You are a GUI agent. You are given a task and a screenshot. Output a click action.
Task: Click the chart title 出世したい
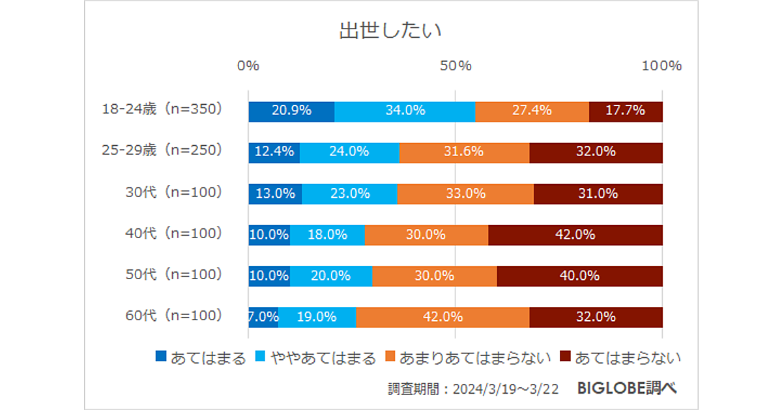click(391, 31)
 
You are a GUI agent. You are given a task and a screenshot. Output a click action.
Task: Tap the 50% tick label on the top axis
click(455, 66)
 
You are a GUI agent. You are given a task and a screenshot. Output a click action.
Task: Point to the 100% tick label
click(661, 66)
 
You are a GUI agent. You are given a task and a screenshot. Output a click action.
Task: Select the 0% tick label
click(248, 66)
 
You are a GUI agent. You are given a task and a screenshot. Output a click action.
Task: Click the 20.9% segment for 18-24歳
click(291, 111)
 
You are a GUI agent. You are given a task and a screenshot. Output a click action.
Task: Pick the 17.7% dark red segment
click(626, 111)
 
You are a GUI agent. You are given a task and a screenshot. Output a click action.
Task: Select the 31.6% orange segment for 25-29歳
click(464, 152)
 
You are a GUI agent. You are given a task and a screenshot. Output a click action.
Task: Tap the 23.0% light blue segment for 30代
click(349, 194)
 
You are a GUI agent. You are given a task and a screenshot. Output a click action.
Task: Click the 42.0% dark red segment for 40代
click(575, 235)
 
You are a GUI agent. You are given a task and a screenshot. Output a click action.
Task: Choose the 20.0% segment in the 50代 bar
click(331, 276)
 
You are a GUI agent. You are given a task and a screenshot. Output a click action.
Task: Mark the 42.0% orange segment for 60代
click(442, 318)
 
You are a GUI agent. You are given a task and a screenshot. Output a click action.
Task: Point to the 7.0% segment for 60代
click(263, 318)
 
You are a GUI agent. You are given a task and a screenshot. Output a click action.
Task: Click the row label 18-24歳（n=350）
click(162, 109)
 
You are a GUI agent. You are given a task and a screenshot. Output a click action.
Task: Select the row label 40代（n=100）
click(173, 233)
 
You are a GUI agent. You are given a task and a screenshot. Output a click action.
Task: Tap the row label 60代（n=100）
click(173, 316)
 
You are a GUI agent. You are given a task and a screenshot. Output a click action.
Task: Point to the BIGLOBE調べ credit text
click(627, 389)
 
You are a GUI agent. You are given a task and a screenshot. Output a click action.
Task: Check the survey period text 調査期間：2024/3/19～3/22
click(473, 389)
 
